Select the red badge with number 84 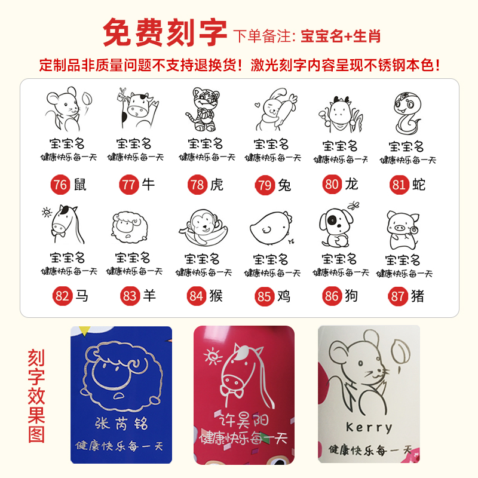click(197, 295)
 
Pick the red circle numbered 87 click(398, 296)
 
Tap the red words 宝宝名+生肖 click(341, 36)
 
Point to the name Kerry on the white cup click(369, 427)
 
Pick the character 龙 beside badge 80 click(351, 184)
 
